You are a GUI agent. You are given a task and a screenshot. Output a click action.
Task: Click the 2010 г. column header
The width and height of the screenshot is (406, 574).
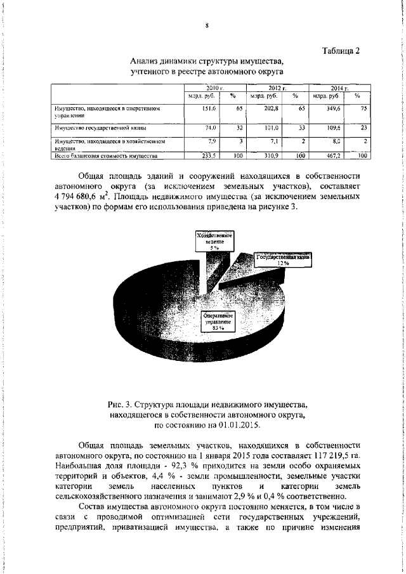[x=211, y=87]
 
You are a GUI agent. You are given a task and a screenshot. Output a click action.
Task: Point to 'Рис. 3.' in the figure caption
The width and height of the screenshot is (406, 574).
[x=121, y=403]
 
